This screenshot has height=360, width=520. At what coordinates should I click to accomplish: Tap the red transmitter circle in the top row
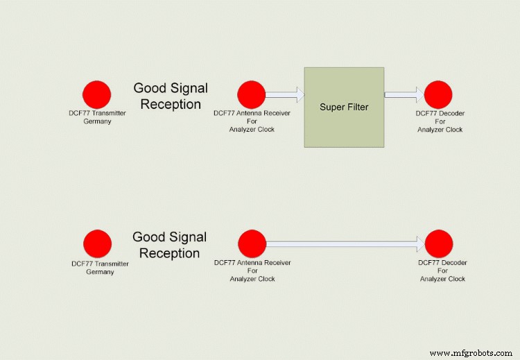tap(96, 94)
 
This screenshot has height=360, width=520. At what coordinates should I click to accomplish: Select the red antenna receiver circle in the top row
tap(251, 94)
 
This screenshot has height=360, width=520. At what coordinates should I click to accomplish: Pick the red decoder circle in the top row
tap(438, 94)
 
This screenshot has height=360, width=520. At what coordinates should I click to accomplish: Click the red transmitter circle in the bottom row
tap(97, 243)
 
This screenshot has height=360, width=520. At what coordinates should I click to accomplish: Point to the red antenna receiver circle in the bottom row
tap(252, 243)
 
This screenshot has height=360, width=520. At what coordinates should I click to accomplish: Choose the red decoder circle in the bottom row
tap(439, 243)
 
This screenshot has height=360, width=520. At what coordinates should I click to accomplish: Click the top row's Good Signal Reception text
tap(170, 96)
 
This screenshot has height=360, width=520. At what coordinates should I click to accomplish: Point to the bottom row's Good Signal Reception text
tap(169, 246)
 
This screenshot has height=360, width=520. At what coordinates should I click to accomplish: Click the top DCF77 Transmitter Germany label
tap(98, 117)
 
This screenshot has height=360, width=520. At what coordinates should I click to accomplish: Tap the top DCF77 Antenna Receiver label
tap(252, 121)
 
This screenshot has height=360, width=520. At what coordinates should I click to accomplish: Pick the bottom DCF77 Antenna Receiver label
tap(252, 271)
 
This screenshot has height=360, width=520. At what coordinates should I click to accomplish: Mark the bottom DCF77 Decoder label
tap(442, 271)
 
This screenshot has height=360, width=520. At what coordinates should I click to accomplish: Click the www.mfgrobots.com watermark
tap(471, 354)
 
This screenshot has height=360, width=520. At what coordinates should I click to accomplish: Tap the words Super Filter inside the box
tap(344, 107)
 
